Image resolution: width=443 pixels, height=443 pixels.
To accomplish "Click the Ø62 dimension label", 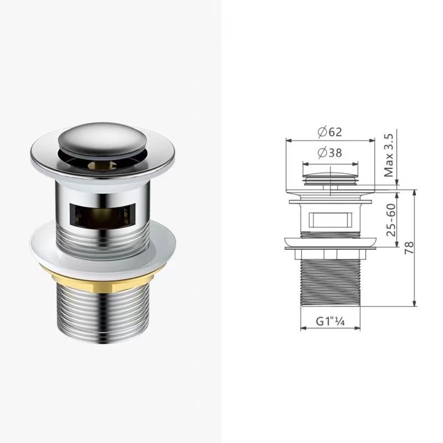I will pyautogui.click(x=330, y=132).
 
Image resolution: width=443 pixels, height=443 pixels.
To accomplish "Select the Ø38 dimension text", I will pyautogui.click(x=330, y=153).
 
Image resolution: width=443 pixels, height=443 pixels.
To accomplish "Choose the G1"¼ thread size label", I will pyautogui.click(x=330, y=321).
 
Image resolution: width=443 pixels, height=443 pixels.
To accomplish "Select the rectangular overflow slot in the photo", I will pyautogui.click(x=103, y=212).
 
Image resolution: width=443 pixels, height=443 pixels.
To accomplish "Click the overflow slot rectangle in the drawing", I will pyautogui.click(x=330, y=220).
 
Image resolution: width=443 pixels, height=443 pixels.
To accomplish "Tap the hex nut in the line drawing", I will pyautogui.click(x=330, y=253).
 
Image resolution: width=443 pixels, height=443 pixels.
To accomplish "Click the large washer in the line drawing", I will pyautogui.click(x=330, y=243).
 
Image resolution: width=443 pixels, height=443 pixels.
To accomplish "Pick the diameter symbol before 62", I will pyautogui.click(x=322, y=132).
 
